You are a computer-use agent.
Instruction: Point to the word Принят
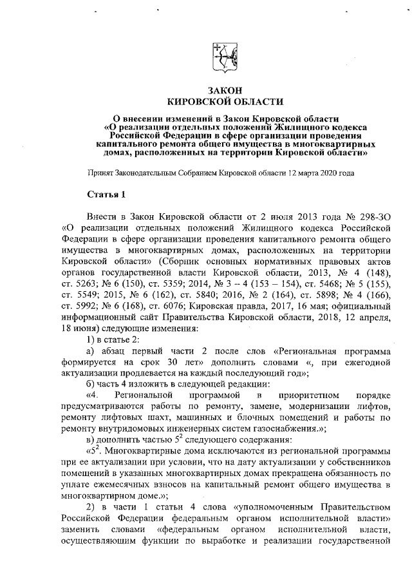tap(102, 173)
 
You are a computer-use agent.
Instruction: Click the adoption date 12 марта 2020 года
tap(326, 173)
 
